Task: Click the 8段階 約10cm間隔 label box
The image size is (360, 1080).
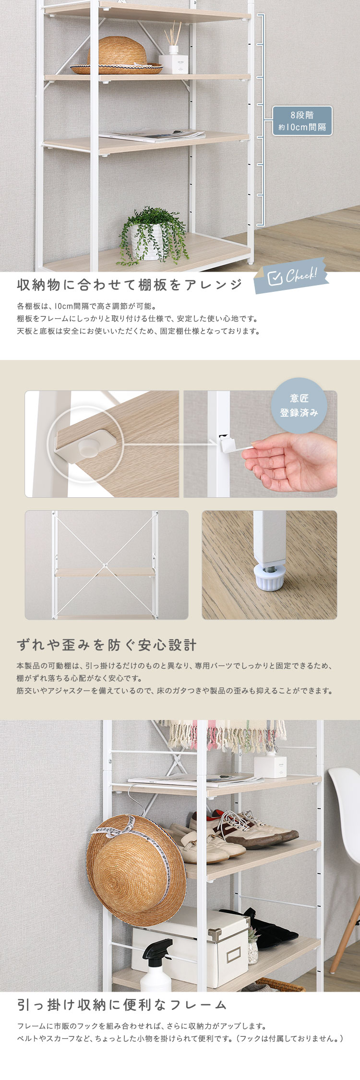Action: point(302,121)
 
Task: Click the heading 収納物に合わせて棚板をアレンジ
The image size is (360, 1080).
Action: point(130,285)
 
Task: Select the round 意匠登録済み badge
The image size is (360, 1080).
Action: point(299,405)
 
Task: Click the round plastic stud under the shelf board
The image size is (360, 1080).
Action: point(87,448)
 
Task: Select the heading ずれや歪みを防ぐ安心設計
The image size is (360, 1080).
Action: point(107,645)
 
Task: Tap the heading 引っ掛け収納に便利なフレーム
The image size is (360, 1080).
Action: point(122,1005)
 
